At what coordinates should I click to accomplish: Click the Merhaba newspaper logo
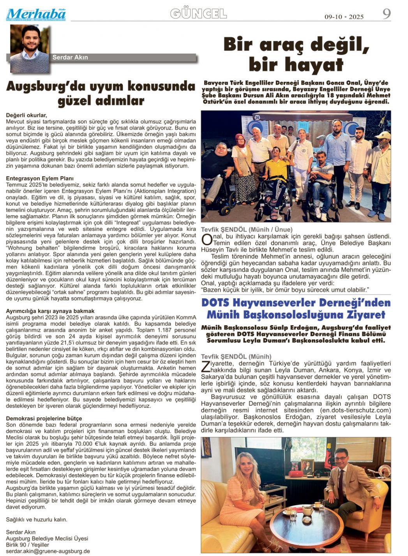[x=36, y=14]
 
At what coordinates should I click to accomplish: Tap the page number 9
[x=386, y=14]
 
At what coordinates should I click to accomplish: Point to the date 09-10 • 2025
[x=344, y=17]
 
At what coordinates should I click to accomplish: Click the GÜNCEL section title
[x=198, y=14]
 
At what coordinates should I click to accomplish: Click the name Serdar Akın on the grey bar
[x=70, y=57]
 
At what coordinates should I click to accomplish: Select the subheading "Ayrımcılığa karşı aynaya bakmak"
[x=50, y=311]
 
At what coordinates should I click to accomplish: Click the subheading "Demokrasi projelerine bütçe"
[x=44, y=418]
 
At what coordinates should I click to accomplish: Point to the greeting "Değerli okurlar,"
[x=26, y=115]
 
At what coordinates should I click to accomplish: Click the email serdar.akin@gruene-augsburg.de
[x=48, y=551]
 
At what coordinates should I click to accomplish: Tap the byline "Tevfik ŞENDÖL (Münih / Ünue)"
[x=247, y=229]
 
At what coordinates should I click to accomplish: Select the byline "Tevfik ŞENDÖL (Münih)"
[x=236, y=356]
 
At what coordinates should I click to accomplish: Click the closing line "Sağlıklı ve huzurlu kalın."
[x=37, y=519]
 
